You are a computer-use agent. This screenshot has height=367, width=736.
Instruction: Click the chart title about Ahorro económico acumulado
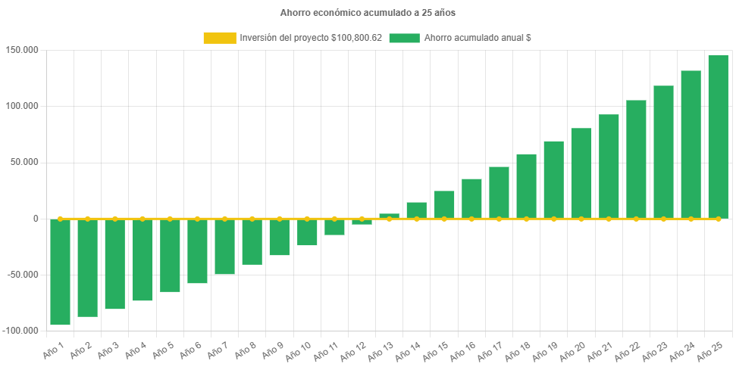pos(368,13)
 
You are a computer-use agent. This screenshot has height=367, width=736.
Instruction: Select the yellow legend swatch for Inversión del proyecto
pos(219,38)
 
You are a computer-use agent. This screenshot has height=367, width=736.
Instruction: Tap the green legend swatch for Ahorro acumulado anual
pos(404,38)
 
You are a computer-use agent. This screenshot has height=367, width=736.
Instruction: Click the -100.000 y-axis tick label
pos(22,331)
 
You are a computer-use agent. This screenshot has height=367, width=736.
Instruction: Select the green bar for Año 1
pos(60,272)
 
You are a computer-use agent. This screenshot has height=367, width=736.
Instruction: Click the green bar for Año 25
pos(718,136)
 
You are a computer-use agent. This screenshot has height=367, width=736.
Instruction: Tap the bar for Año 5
pos(170,256)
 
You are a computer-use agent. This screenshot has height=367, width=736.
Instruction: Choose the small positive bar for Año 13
pos(389,216)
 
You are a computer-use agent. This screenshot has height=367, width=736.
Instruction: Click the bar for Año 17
pos(499,192)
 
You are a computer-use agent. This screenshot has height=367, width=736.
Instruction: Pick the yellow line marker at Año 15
pos(444,219)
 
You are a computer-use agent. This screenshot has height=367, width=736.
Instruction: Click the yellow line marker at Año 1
pos(60,219)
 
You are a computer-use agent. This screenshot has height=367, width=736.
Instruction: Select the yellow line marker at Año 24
pos(691,219)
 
